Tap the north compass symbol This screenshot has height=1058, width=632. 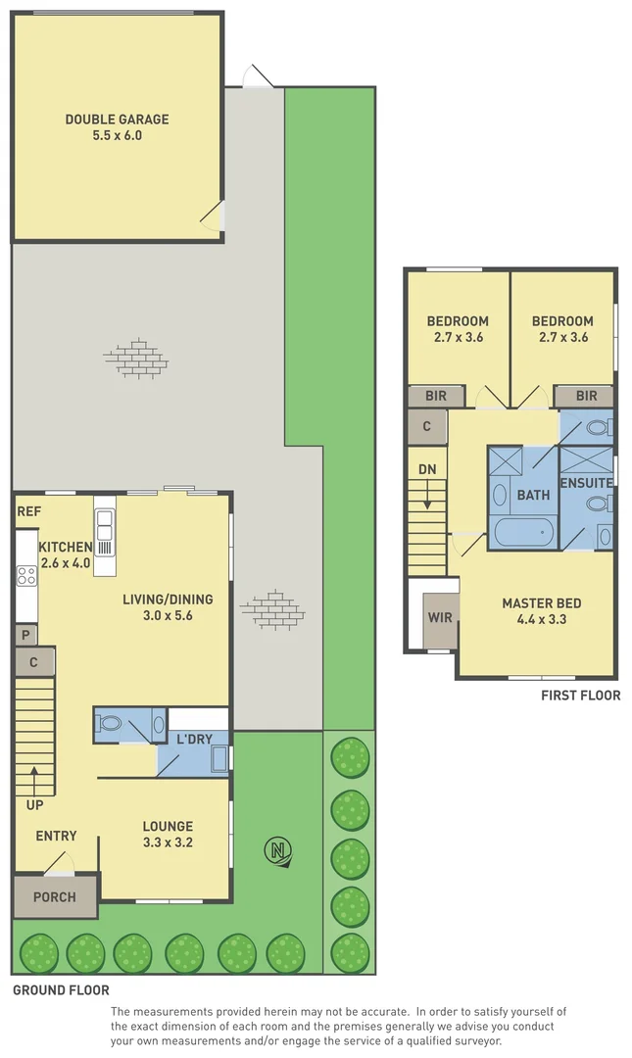coord(281,852)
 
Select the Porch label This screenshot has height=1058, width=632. coord(55,896)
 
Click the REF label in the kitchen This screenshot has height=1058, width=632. coord(28,511)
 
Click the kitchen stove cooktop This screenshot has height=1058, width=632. coord(25,576)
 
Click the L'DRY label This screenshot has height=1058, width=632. coord(194,739)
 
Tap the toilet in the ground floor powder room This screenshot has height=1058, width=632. coord(110,725)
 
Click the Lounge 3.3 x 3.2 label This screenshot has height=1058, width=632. coord(168,833)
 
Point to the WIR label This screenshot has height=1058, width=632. coord(439,618)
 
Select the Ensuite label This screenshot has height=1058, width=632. coord(586,483)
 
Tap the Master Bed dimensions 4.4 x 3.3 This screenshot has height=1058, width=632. coord(536,619)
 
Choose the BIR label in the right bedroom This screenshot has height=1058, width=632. coord(586,396)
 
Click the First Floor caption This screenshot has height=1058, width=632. coord(580,696)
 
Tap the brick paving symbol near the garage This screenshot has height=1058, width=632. coord(135,358)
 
